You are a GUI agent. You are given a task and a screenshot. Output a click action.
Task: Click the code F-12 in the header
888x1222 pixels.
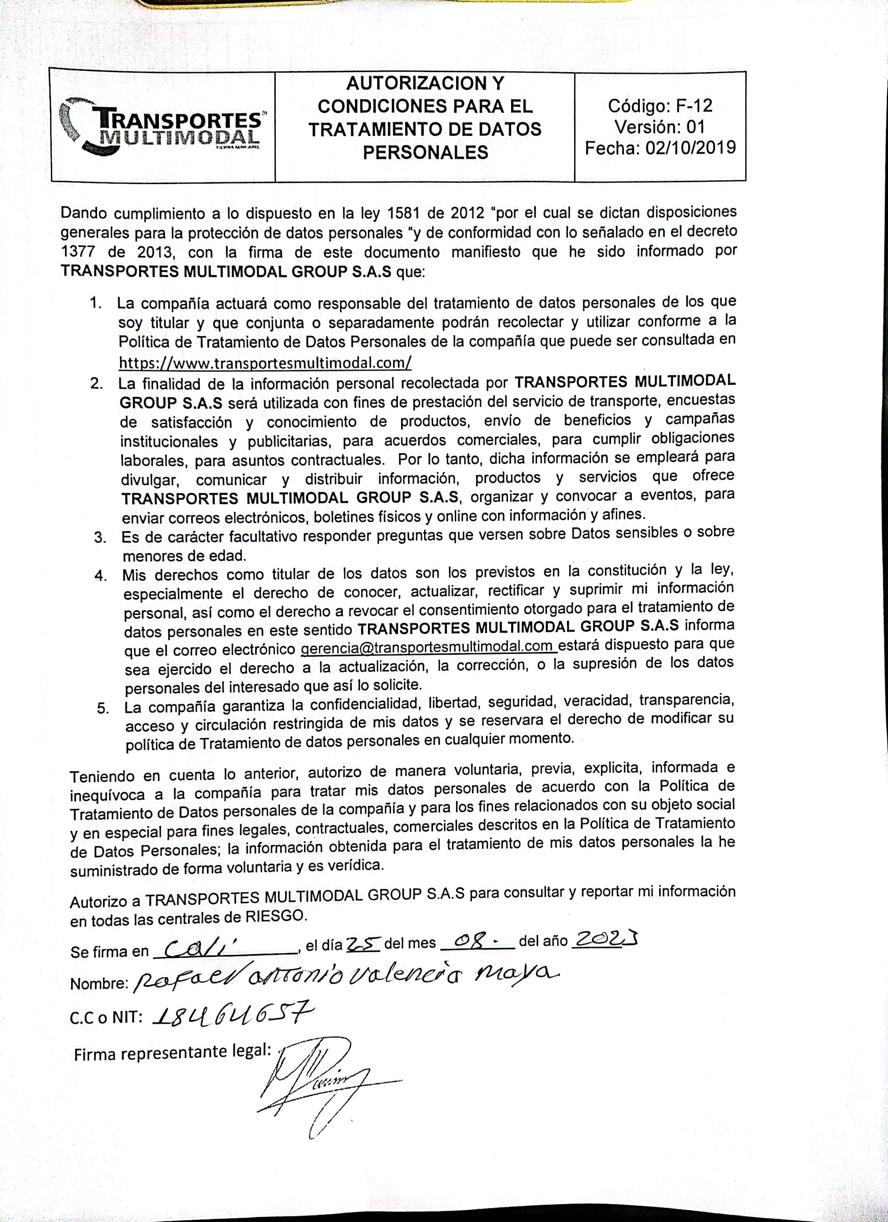(694, 106)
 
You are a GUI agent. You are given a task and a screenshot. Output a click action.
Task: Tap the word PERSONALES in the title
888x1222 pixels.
(425, 153)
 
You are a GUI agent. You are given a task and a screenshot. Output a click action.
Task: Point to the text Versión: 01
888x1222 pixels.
(659, 127)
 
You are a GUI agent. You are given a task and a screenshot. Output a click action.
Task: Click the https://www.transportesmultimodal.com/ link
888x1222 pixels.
(265, 363)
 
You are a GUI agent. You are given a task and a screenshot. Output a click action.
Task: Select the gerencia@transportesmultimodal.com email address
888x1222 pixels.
(427, 647)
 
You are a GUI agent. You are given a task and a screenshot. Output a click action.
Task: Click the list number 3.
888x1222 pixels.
(99, 537)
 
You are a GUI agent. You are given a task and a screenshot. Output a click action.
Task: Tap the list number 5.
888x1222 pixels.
(103, 709)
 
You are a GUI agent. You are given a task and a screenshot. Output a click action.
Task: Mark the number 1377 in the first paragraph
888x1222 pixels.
(78, 252)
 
